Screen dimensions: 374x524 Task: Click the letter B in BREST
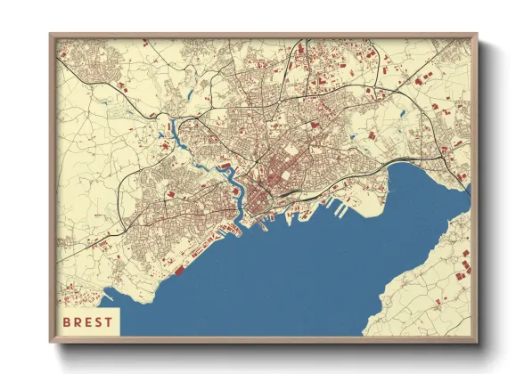(x=66, y=321)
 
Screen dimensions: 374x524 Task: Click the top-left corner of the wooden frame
(x=50, y=35)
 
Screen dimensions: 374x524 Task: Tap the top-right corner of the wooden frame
(x=477, y=35)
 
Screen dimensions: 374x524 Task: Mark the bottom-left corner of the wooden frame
(x=50, y=342)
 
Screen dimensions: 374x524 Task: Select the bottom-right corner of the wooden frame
(x=477, y=342)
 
